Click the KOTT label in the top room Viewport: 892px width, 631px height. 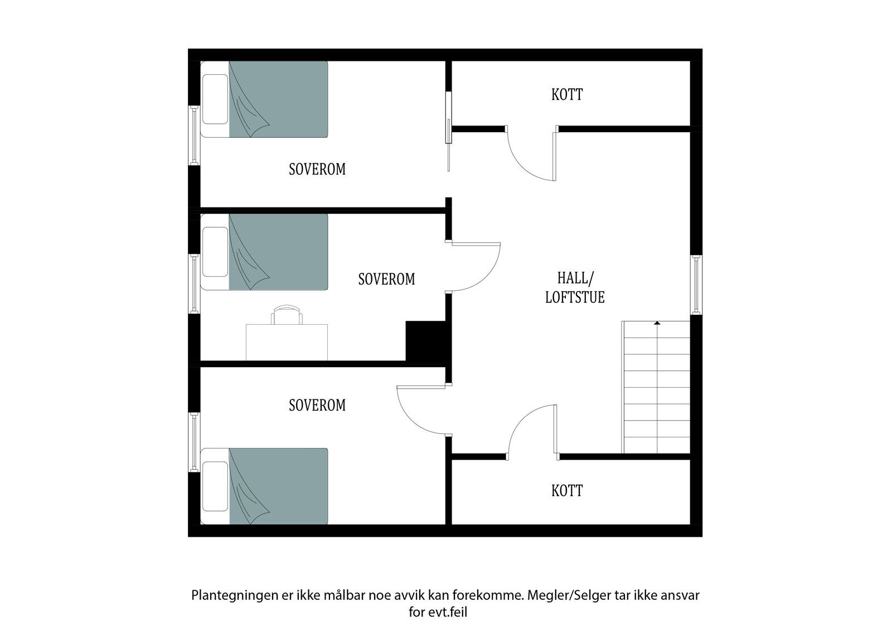point(566,94)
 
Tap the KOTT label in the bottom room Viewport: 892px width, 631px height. point(566,491)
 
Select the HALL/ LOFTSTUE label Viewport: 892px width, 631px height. point(575,288)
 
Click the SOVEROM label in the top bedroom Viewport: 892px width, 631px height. point(317,170)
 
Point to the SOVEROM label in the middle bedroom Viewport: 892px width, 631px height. point(386,280)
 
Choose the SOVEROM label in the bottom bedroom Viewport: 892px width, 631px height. point(317,406)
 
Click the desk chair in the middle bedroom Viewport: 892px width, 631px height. point(287,315)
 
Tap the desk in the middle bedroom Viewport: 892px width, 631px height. point(287,343)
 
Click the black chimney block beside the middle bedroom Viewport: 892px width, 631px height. point(425,341)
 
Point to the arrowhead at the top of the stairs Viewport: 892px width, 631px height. point(657,323)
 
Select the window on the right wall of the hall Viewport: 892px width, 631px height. point(696,285)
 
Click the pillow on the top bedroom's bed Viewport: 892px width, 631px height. point(215,99)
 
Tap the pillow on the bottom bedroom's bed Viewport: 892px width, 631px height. point(215,487)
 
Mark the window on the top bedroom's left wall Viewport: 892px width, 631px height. point(194,135)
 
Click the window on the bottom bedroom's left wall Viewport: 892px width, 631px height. point(194,442)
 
